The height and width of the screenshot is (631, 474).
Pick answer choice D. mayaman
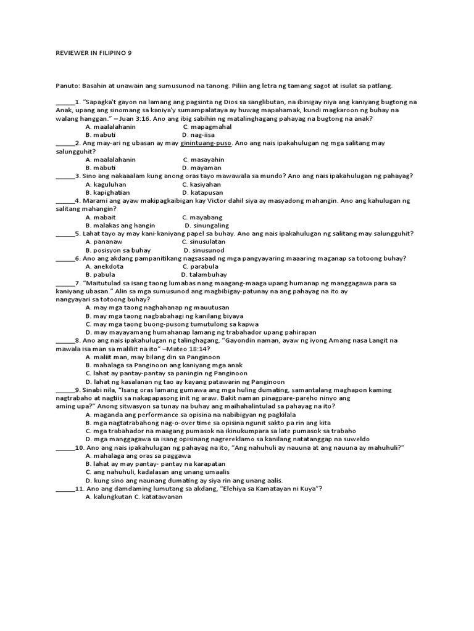pyautogui.click(x=203, y=168)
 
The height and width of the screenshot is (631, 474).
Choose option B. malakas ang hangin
pyautogui.click(x=120, y=226)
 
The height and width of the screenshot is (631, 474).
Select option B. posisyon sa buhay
pyautogui.click(x=118, y=250)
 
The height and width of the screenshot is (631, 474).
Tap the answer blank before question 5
pyautogui.click(x=64, y=234)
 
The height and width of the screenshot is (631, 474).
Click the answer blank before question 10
pyautogui.click(x=64, y=448)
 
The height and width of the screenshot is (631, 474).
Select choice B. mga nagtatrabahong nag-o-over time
pyautogui.click(x=208, y=423)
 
